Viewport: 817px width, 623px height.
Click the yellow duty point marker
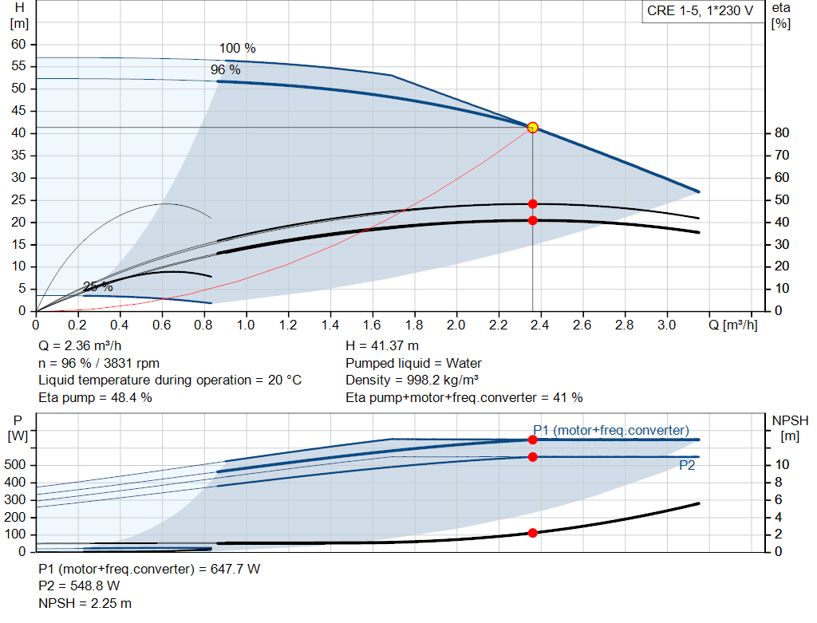tap(532, 127)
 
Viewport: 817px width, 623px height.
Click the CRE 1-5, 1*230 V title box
tap(701, 13)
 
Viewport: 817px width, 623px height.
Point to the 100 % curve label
tap(238, 49)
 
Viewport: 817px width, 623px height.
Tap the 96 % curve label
tap(225, 70)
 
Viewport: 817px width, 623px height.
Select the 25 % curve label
tap(97, 287)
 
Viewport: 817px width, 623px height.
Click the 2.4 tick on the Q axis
tap(540, 325)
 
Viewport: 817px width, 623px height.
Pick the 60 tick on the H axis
tap(18, 44)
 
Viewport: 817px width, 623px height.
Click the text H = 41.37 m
tap(382, 346)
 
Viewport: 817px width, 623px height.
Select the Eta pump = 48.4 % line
tap(95, 396)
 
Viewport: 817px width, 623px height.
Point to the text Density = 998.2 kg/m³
tap(412, 380)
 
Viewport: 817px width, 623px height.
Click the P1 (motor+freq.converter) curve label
tap(611, 430)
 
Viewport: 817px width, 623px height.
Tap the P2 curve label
tap(687, 466)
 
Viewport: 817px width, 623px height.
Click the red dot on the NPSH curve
tap(532, 533)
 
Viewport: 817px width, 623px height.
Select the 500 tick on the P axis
tap(18, 465)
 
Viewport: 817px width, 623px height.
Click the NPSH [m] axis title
tap(790, 427)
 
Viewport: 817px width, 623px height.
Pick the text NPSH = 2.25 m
tap(85, 603)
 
